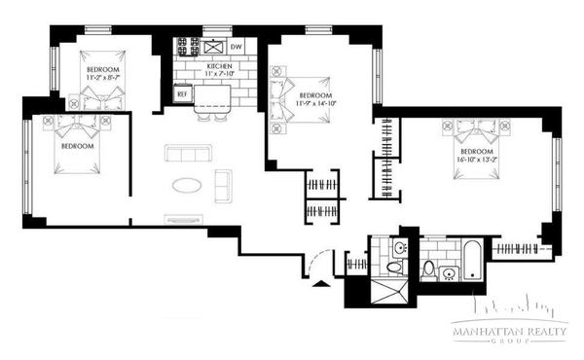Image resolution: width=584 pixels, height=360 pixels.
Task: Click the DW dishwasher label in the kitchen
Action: click(x=237, y=47)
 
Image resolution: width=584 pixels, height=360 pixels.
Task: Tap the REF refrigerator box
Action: click(x=181, y=94)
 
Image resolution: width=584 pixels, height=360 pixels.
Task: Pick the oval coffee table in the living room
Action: click(x=189, y=185)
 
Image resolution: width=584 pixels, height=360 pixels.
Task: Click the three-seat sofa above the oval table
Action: click(x=188, y=154)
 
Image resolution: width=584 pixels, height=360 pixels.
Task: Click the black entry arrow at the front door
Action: click(x=321, y=282)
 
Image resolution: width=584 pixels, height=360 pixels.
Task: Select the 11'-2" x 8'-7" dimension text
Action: click(x=103, y=79)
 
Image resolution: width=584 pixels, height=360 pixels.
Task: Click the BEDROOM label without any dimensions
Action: click(x=77, y=146)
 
